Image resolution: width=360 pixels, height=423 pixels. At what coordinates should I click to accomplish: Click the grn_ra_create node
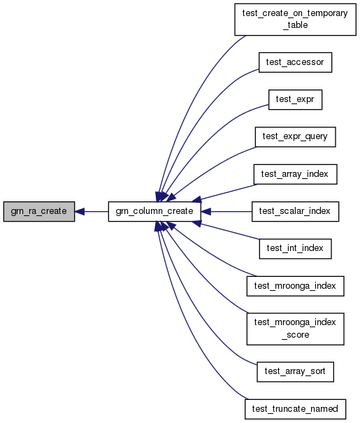[39, 211]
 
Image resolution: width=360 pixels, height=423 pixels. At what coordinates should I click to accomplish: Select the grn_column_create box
[154, 211]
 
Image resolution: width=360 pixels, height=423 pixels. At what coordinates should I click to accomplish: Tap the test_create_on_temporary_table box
[295, 20]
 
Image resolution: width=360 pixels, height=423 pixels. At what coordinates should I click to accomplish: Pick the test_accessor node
[295, 62]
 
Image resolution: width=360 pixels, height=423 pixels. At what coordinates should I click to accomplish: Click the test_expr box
[295, 99]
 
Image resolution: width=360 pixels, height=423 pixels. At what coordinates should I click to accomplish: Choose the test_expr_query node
[295, 137]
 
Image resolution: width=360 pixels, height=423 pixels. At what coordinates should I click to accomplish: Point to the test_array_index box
[295, 174]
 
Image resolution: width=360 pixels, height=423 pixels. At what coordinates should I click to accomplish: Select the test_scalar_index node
[295, 211]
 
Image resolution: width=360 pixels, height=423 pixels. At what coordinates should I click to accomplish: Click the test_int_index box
[295, 249]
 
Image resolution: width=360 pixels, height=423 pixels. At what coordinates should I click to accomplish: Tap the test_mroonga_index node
[295, 286]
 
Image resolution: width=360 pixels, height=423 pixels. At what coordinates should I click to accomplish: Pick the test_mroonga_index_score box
[295, 329]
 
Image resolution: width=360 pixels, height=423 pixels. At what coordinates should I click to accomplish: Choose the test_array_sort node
[295, 372]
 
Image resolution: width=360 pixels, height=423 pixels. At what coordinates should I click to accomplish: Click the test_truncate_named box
[295, 409]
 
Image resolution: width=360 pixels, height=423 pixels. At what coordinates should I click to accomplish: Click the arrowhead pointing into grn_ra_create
[80, 211]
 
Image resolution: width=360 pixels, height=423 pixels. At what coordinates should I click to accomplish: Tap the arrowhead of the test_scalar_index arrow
[206, 211]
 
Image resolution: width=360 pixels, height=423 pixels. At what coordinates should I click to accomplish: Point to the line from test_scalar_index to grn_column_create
[231, 211]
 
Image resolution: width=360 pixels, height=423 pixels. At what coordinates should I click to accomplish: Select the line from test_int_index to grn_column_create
[230, 231]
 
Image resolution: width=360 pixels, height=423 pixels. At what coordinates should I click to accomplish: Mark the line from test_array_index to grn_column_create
[229, 192]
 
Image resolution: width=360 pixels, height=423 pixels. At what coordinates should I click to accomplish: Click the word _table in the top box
[295, 25]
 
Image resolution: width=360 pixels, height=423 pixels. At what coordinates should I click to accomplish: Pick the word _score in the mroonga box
[295, 335]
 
